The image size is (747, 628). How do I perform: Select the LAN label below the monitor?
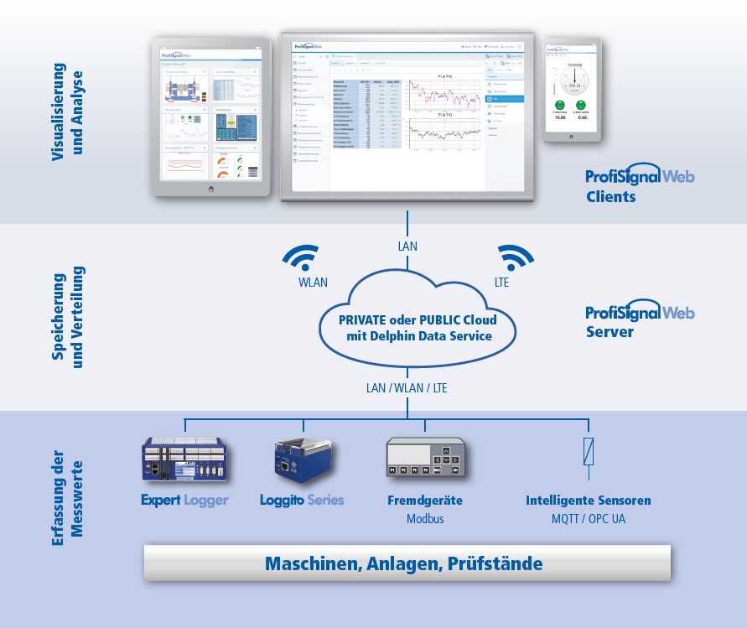407,247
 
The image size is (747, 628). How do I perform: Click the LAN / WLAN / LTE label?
407,389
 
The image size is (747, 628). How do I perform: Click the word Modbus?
425,519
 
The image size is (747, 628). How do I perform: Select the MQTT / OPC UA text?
589,519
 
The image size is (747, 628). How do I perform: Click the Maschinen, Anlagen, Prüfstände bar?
407,563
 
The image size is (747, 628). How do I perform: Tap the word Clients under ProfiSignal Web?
611,198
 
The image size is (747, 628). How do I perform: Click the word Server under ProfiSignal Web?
610,332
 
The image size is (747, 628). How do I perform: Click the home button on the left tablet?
210,189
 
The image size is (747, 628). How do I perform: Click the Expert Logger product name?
184,501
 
